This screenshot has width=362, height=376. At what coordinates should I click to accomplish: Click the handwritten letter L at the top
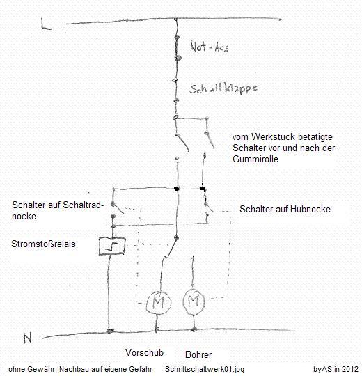pyautogui.click(x=46, y=24)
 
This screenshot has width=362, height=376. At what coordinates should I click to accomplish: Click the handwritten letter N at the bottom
pyautogui.click(x=28, y=338)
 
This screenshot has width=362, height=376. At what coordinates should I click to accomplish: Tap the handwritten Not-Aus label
pyautogui.click(x=210, y=47)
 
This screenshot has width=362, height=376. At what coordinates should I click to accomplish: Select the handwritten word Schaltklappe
pyautogui.click(x=223, y=88)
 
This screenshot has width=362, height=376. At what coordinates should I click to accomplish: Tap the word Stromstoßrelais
pyautogui.click(x=43, y=244)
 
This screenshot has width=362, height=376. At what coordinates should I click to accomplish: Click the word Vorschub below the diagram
pyautogui.click(x=144, y=352)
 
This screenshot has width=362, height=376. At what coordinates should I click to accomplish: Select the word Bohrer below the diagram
pyautogui.click(x=198, y=354)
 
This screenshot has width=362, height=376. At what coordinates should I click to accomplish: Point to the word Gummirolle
pyautogui.click(x=255, y=159)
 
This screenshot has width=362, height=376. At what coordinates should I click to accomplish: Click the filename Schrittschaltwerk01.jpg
pyautogui.click(x=205, y=369)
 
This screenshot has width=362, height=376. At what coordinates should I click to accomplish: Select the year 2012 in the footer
pyautogui.click(x=349, y=369)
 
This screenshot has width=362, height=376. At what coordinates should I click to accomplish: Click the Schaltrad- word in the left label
pyautogui.click(x=83, y=205)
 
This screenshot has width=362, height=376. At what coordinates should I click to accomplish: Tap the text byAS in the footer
pyautogui.click(x=322, y=369)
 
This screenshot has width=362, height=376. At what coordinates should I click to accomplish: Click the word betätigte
pyautogui.click(x=315, y=137)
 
